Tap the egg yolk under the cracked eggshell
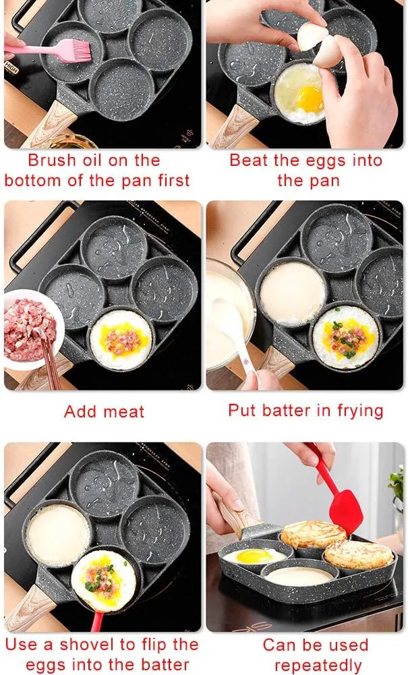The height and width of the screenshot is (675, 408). (x=310, y=99)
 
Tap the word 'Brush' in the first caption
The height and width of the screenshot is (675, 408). (x=52, y=160)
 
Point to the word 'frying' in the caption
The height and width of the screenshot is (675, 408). (x=360, y=411)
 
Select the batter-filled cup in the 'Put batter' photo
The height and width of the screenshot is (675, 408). (x=293, y=293)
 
